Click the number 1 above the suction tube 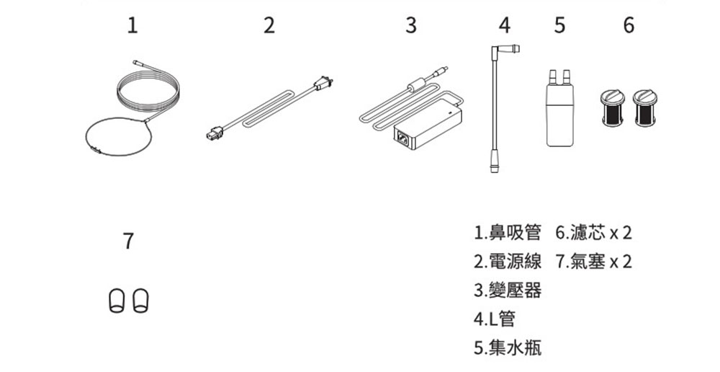pos(131,27)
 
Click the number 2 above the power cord pos(269,27)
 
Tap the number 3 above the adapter pos(410,27)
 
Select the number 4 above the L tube pos(505,27)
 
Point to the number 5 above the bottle pos(559,27)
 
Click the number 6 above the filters pos(629,27)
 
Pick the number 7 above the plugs pos(127,242)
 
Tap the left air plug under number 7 pos(116,298)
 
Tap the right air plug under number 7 pos(140,298)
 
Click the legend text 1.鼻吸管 pos(508,233)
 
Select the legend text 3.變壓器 pos(508,290)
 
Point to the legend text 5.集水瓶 pos(508,347)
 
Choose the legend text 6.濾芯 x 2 pos(593,233)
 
